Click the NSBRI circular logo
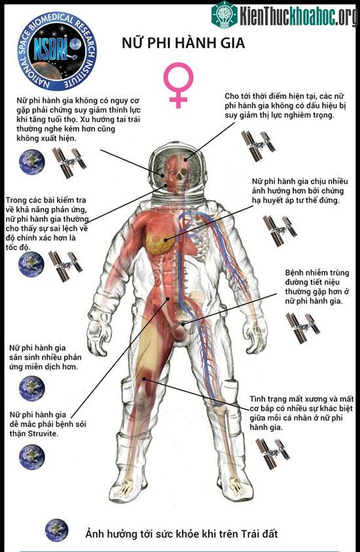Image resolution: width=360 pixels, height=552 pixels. [57, 51]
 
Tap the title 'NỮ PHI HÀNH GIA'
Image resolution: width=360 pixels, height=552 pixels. [183, 43]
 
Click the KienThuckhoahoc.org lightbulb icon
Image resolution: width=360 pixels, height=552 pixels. [225, 14]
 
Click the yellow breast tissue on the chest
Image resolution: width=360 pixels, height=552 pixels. [157, 240]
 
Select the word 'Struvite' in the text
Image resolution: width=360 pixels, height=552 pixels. [43, 434]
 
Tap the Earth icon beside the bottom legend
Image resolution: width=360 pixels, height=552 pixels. [56, 530]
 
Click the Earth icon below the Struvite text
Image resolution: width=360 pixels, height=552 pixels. [31, 457]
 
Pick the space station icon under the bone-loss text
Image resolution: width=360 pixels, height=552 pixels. [273, 454]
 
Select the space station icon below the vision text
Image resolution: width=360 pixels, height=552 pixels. [258, 146]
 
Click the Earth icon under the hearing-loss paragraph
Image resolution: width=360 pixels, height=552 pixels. [32, 162]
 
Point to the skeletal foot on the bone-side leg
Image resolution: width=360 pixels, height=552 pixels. [235, 488]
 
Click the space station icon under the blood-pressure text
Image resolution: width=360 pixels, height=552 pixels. [280, 231]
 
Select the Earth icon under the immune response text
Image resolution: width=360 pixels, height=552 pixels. [31, 388]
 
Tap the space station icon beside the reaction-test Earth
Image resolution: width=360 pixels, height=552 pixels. [65, 266]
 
